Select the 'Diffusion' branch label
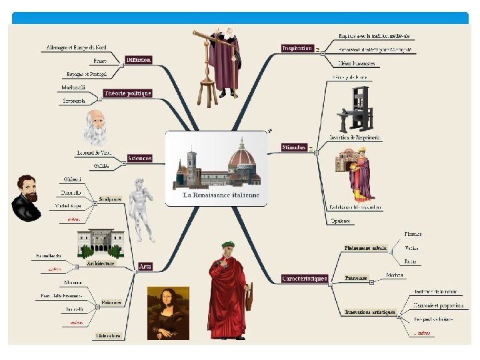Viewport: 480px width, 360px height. point(139,60)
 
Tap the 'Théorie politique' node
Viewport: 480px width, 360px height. point(127,93)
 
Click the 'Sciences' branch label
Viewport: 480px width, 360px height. point(140,159)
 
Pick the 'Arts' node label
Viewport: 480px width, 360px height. point(145,266)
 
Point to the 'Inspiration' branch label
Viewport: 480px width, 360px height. point(297,48)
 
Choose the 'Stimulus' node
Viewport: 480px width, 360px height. point(294,147)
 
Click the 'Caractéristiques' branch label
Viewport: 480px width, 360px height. point(305,279)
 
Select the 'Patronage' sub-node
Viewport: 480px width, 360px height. point(356,277)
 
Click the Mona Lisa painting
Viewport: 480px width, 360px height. point(167,313)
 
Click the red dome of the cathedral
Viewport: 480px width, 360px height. point(242,157)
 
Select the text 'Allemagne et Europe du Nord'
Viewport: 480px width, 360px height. point(76,48)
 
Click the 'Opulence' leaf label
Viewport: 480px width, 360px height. point(340,221)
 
